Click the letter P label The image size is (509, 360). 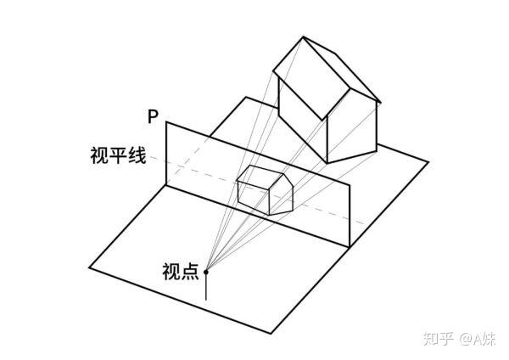tap(152, 116)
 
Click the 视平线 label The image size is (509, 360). tap(118, 156)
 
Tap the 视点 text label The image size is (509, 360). tap(179, 272)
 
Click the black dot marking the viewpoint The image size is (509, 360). tap(205, 272)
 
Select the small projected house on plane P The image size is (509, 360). tap(265, 190)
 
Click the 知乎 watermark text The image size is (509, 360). tap(438, 338)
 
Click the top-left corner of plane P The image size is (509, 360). tap(165, 122)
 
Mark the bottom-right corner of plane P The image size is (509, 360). tap(350, 248)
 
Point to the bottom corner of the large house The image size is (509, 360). tap(327, 161)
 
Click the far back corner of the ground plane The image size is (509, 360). tap(247, 98)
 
